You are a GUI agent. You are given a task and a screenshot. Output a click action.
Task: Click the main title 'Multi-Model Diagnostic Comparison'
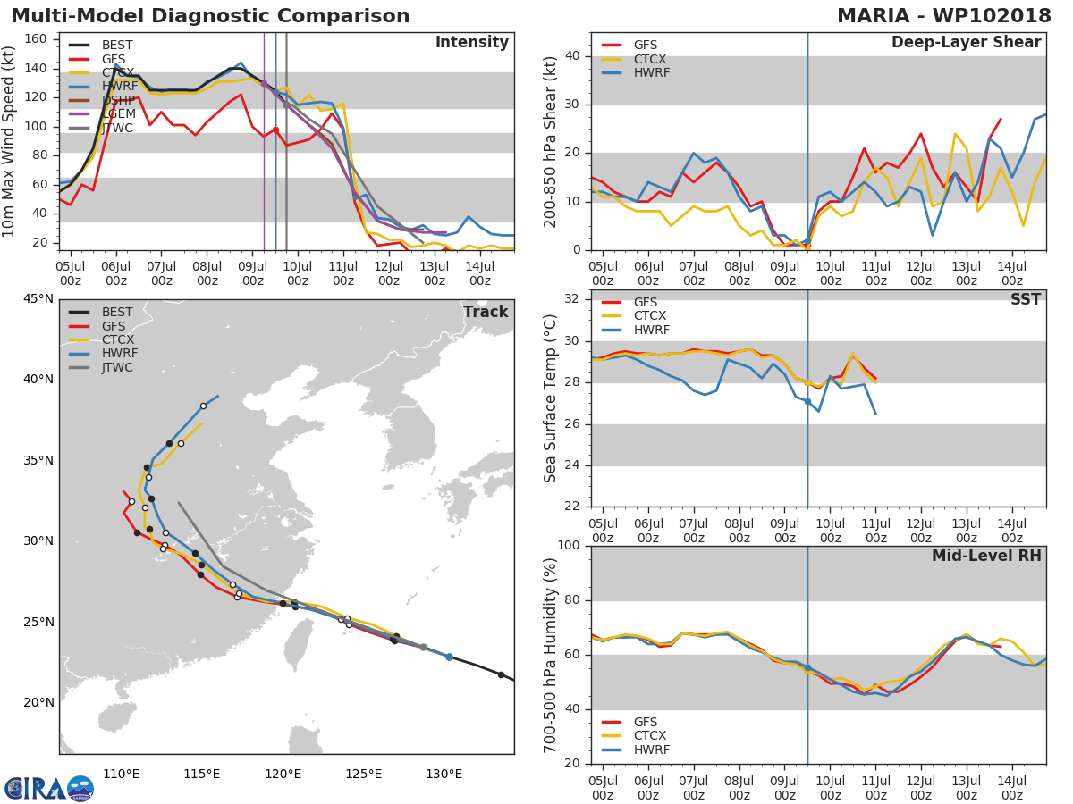210,16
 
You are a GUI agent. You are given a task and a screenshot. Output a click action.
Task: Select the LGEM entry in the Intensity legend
117,114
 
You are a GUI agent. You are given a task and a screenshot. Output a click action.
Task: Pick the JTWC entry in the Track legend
117,367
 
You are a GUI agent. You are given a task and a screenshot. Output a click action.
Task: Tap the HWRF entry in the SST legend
651,330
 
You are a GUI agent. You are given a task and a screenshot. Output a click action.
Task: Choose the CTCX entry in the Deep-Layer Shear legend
651,59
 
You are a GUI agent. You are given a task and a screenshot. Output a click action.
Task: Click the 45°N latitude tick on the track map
38,298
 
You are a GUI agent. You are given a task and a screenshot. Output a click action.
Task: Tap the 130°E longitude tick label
444,774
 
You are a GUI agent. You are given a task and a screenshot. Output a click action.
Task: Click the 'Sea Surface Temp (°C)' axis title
551,398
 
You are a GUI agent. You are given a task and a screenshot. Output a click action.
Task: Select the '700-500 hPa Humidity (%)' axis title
551,655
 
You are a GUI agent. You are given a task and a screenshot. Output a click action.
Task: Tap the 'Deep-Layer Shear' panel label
966,43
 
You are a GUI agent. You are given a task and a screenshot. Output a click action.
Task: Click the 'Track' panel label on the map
485,312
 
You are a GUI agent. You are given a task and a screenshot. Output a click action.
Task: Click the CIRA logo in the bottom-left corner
48,788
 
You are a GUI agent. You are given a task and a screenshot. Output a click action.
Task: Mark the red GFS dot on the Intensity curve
275,130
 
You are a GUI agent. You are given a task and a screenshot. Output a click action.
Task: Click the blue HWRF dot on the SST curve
807,402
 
